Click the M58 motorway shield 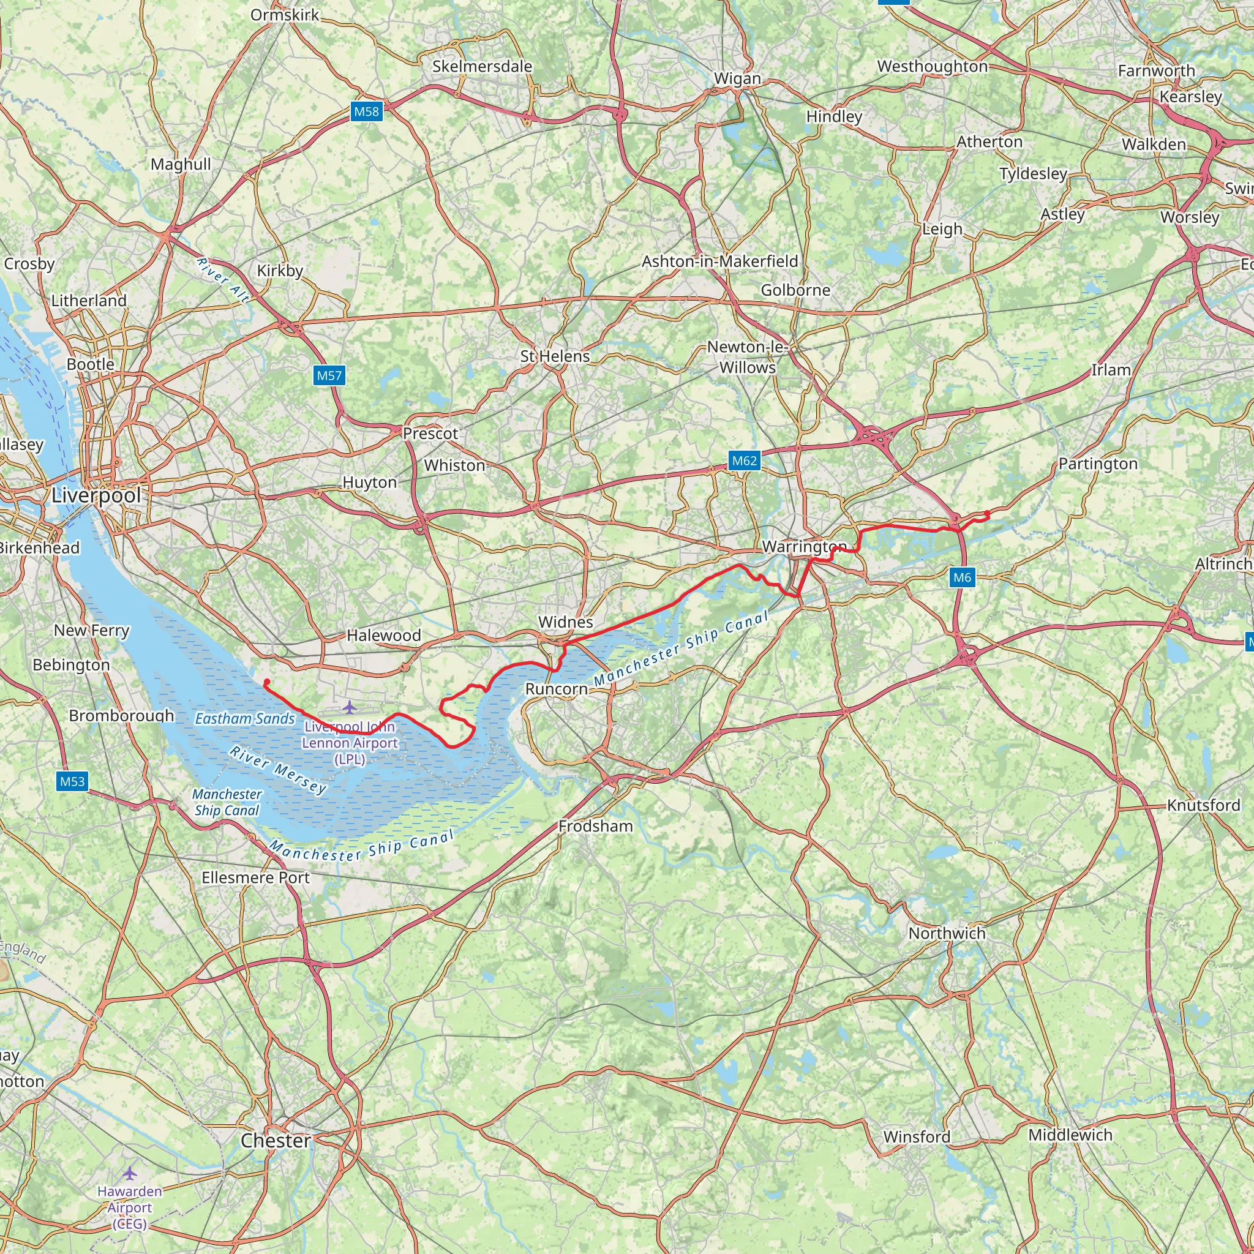click(x=366, y=111)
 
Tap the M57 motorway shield click(x=329, y=375)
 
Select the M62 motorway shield click(x=744, y=461)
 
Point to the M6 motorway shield click(x=962, y=577)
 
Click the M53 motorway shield click(x=72, y=781)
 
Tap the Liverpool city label click(x=96, y=495)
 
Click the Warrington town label click(x=804, y=547)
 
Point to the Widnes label click(x=565, y=622)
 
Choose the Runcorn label click(x=556, y=689)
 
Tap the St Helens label click(x=555, y=356)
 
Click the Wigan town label click(x=737, y=78)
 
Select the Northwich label click(x=947, y=933)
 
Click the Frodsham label click(x=595, y=826)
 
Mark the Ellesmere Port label click(x=256, y=877)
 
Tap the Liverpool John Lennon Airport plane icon click(x=350, y=706)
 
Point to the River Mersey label click(x=278, y=770)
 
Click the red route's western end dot click(x=266, y=681)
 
